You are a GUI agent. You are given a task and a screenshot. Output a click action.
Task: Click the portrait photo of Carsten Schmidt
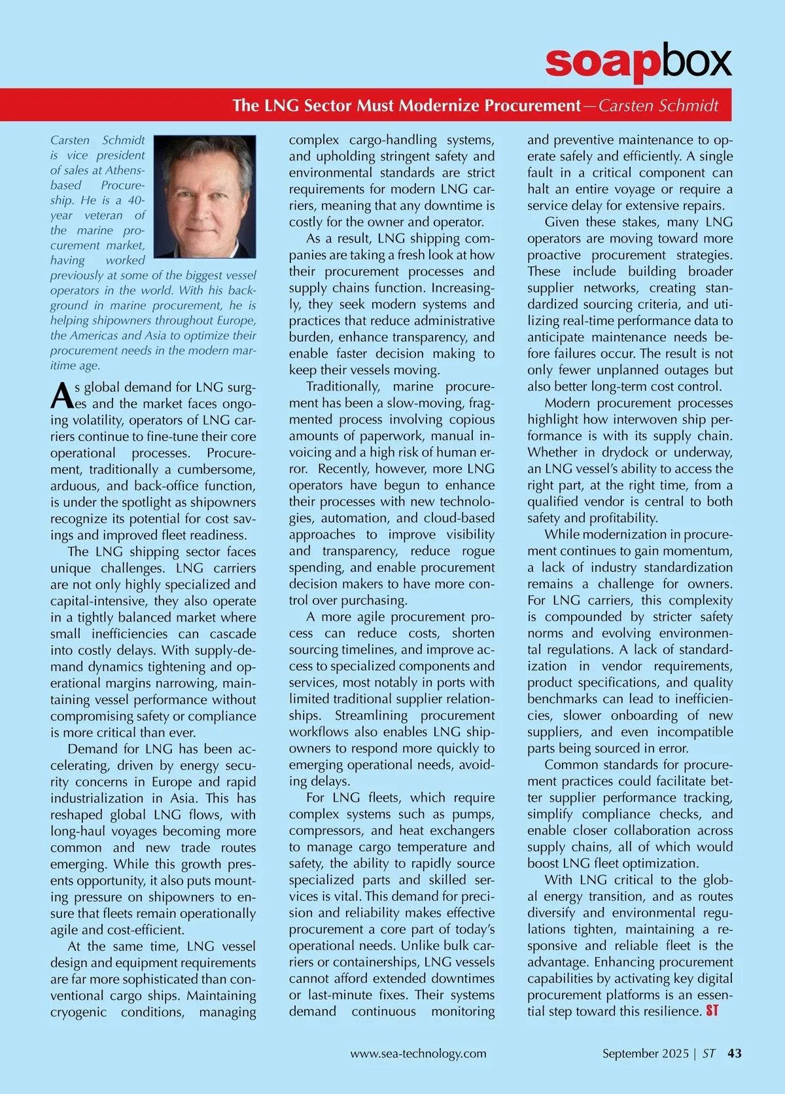click(x=204, y=196)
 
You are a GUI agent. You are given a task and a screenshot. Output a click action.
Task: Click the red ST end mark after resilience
click(x=712, y=1011)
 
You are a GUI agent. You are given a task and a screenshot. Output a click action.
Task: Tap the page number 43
click(x=735, y=1053)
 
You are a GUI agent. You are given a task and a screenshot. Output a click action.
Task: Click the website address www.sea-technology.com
click(x=418, y=1053)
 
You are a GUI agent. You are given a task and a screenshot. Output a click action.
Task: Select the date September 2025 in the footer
click(x=645, y=1053)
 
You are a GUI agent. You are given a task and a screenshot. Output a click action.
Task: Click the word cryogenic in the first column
click(x=78, y=1012)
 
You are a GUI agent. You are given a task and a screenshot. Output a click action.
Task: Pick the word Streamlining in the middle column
click(x=371, y=715)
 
